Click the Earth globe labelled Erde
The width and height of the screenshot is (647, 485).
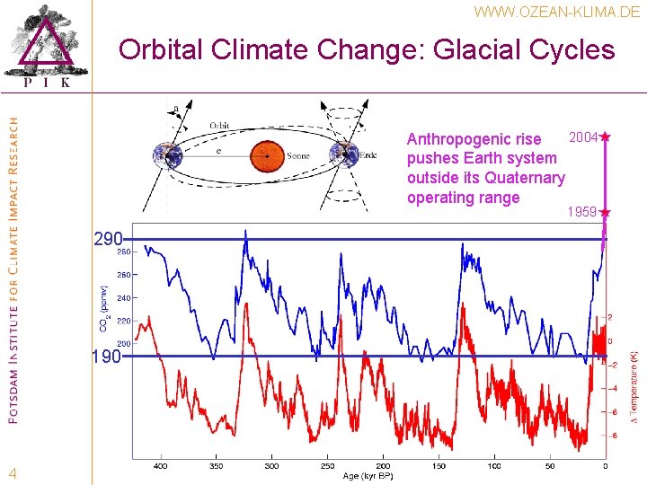click(x=344, y=154)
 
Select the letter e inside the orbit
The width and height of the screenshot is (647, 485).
click(x=220, y=152)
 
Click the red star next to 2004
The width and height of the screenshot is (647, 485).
click(x=606, y=137)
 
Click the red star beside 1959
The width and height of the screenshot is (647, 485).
click(x=605, y=213)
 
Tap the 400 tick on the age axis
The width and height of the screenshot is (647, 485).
click(x=161, y=467)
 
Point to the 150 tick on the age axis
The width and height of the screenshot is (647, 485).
click(x=439, y=467)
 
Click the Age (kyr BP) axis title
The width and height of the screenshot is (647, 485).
click(x=368, y=476)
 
